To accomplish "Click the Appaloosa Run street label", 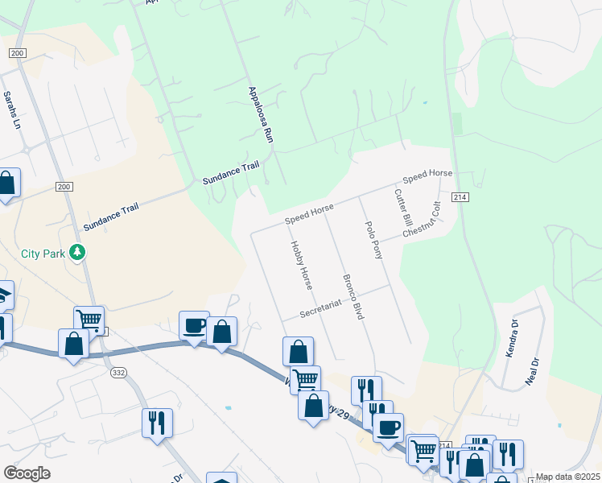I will [x=262, y=115].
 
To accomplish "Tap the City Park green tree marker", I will [x=77, y=253].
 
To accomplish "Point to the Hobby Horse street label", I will [x=301, y=265].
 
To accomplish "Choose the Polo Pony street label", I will [x=374, y=240].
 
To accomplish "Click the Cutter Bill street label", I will [x=402, y=208].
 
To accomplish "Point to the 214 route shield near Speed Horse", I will [x=460, y=197].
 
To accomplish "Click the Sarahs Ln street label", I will [x=10, y=111].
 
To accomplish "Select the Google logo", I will [x=27, y=473].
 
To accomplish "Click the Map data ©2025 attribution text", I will [x=567, y=477].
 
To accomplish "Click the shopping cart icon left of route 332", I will [x=89, y=320].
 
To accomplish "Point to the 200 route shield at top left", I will [x=16, y=52].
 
